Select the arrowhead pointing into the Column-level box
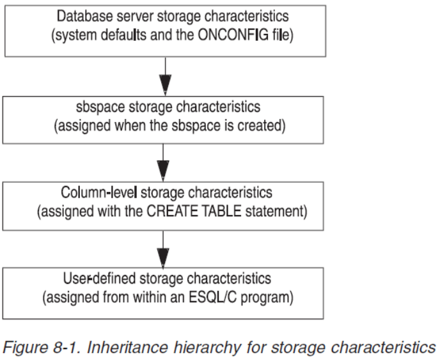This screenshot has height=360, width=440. pos(163,171)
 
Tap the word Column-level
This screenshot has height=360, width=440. pos(99,192)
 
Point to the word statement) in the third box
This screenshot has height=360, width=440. pos(276,212)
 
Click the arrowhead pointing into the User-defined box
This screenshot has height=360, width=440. pos(163,258)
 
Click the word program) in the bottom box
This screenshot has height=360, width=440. pos(267,298)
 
